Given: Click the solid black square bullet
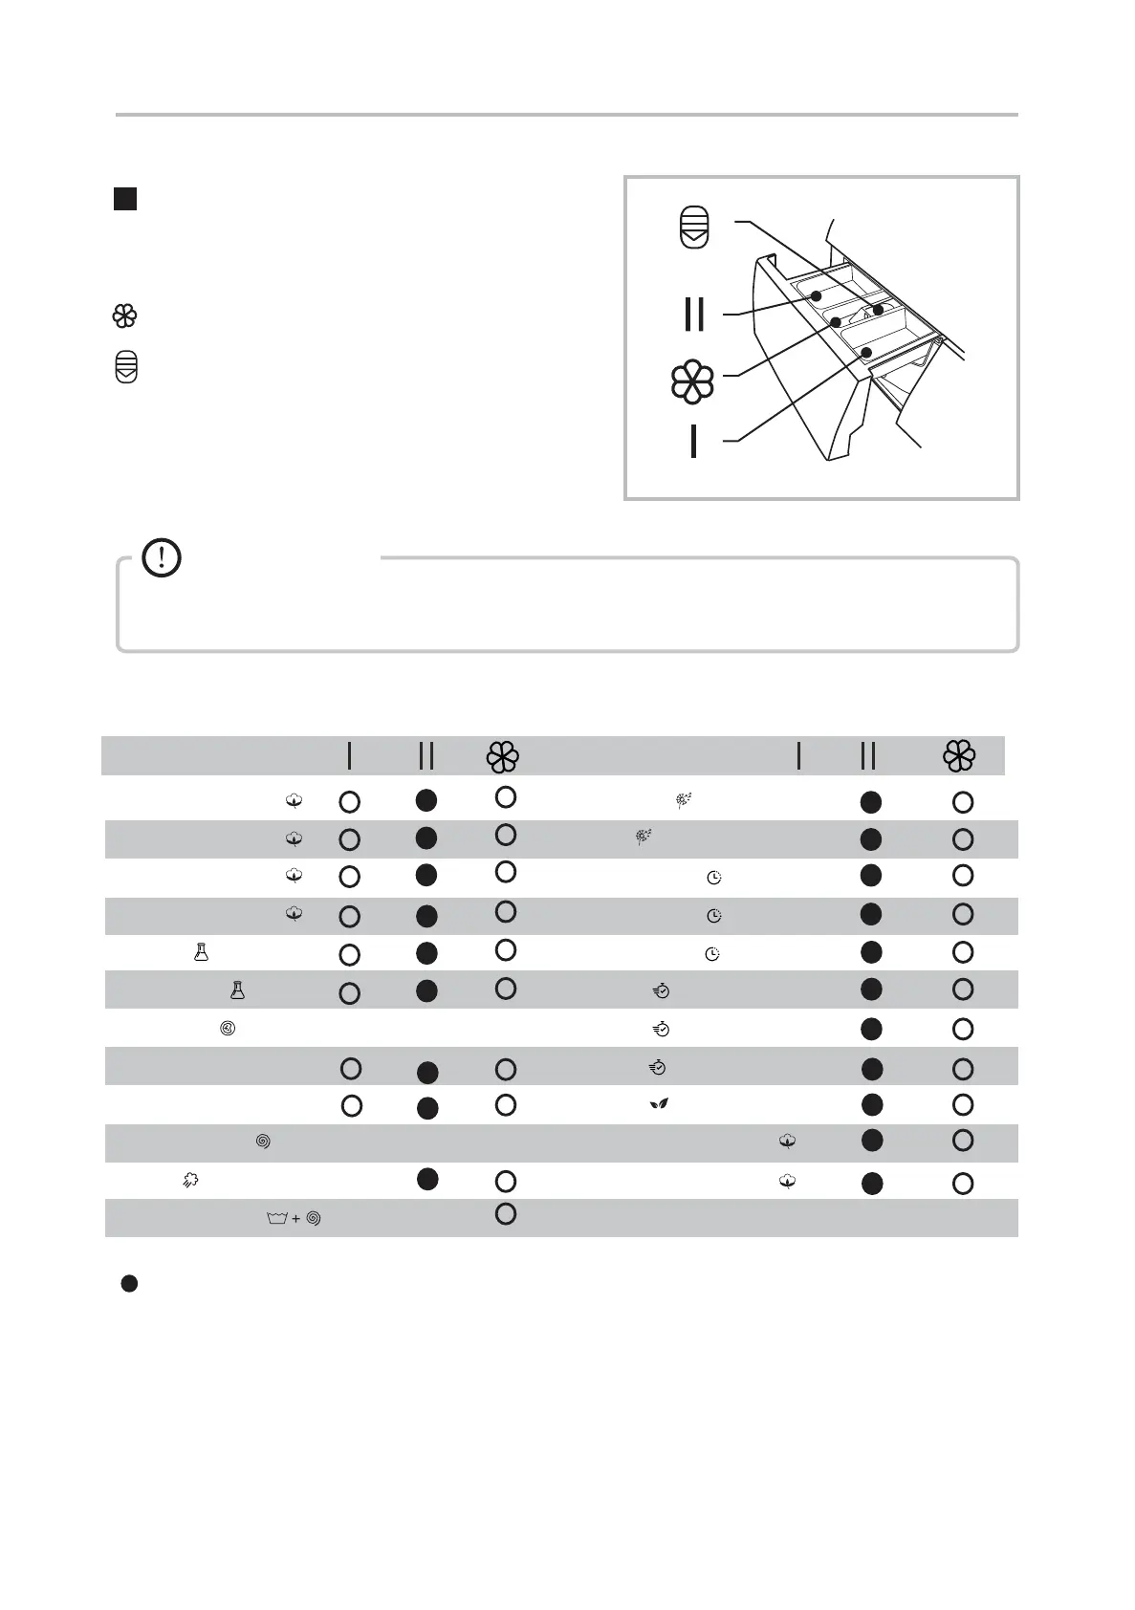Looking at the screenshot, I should click(125, 199).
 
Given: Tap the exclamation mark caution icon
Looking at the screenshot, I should click(162, 557).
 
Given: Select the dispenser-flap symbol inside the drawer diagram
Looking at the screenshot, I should click(694, 228).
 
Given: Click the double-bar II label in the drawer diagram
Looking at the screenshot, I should click(694, 314).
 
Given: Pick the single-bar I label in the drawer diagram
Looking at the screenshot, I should click(693, 441).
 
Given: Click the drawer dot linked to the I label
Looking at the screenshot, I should click(866, 353).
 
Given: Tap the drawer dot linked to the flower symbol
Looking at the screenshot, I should click(835, 322).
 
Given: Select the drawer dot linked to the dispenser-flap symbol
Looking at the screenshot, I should click(877, 310).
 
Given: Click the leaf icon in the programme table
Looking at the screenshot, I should click(658, 1104).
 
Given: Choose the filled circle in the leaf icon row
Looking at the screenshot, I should click(870, 1104).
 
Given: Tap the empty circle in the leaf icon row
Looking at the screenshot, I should click(963, 1105).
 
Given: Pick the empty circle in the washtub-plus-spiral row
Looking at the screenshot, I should click(506, 1214).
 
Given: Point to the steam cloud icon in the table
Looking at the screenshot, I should click(190, 1181).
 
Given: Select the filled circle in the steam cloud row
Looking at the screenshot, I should click(427, 1179).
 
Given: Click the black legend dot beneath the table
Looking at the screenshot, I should click(129, 1284).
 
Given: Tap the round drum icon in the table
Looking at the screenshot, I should click(228, 1030).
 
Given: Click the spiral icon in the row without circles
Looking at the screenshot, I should click(263, 1142).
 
